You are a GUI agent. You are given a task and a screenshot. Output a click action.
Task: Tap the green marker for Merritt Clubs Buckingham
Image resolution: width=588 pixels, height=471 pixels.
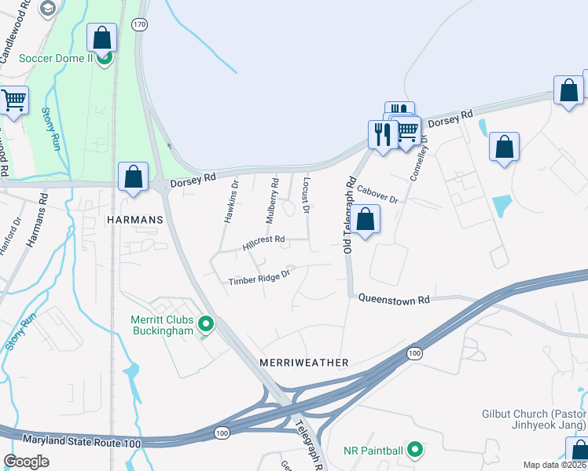pos(206,323)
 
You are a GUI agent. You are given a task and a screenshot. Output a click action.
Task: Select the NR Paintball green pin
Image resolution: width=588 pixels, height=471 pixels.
pos(417,451)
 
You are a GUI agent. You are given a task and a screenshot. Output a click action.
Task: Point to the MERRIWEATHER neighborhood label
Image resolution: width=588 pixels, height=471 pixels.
pos(303,363)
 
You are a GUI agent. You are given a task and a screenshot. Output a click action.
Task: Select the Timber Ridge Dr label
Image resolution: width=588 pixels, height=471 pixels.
pos(259,277)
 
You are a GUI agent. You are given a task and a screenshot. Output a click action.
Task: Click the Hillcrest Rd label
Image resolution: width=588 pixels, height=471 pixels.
pos(263,243)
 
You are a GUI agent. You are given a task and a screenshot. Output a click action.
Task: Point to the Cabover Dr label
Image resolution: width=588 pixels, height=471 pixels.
pos(377,194)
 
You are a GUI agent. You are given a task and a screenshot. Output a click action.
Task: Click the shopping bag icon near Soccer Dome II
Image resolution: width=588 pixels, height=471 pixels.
pos(102,38)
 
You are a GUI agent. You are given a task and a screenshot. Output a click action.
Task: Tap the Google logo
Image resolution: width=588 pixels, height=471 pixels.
pos(26,462)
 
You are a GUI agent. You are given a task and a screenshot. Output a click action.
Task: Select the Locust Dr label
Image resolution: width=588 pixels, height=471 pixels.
pos(306,195)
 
